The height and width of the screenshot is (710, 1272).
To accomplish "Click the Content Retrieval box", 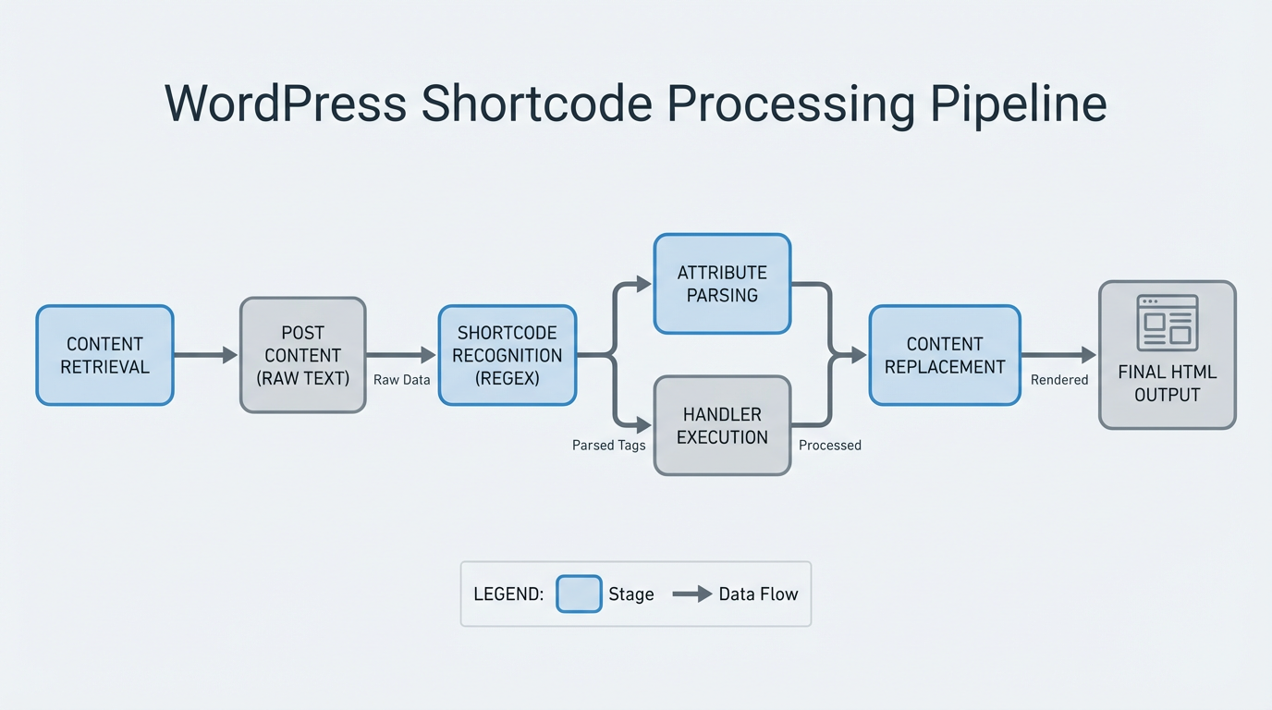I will [x=104, y=355].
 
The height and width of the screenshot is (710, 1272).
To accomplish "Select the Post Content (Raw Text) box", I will [x=303, y=355].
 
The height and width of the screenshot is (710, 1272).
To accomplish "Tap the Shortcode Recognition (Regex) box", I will [x=508, y=355].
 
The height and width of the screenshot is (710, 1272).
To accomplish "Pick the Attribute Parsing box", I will [x=722, y=284].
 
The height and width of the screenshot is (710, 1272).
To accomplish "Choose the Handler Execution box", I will [x=722, y=425].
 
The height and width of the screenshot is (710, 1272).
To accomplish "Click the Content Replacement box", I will [x=944, y=355].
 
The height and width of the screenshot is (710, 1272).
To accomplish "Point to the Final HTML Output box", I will [x=1167, y=355].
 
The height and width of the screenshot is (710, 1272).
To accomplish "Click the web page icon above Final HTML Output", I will [x=1167, y=323].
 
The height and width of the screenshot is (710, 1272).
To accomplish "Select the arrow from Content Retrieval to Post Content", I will [x=205, y=355].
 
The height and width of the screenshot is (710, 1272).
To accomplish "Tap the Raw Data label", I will [x=401, y=380].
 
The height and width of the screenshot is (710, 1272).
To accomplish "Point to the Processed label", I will [x=829, y=446].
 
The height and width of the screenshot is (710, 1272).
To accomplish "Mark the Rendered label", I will [x=1058, y=380].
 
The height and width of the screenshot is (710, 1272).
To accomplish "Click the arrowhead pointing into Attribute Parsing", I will [x=644, y=284].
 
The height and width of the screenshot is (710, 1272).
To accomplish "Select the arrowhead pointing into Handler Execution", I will [x=644, y=425].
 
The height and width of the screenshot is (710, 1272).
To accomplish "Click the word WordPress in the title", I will [x=286, y=104].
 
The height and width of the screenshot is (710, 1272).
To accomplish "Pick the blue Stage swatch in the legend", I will [x=579, y=594].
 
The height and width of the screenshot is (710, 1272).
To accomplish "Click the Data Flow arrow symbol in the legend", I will [x=691, y=594].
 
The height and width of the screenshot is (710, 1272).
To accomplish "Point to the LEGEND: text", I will [x=508, y=594].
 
